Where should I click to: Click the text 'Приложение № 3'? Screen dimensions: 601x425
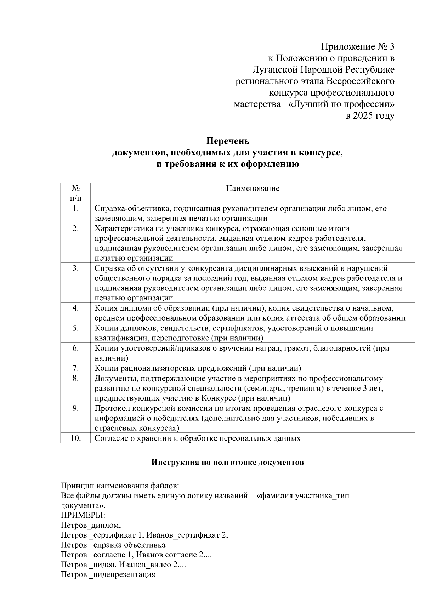pos(357,47)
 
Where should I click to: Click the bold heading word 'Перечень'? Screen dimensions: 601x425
pos(228,141)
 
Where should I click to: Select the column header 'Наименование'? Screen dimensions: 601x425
pos(253,188)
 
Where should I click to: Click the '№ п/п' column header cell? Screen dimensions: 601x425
pos(75,193)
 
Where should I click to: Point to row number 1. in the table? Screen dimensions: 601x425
pos(75,208)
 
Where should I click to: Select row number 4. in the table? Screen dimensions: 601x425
pos(75,308)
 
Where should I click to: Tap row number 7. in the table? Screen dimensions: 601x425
pos(75,368)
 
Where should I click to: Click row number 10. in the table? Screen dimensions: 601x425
pos(75,438)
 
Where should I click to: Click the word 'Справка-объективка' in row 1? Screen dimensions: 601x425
pos(129,208)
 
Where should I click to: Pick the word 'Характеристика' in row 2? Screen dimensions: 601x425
pos(121,228)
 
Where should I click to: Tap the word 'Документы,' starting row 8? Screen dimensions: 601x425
pos(114,379)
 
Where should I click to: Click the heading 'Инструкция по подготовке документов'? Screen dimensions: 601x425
pos(227,463)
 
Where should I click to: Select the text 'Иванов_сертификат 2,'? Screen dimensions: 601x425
pos(187,535)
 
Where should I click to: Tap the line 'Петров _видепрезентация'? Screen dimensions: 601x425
pos(108,574)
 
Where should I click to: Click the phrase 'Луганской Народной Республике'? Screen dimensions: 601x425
pos(323,70)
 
